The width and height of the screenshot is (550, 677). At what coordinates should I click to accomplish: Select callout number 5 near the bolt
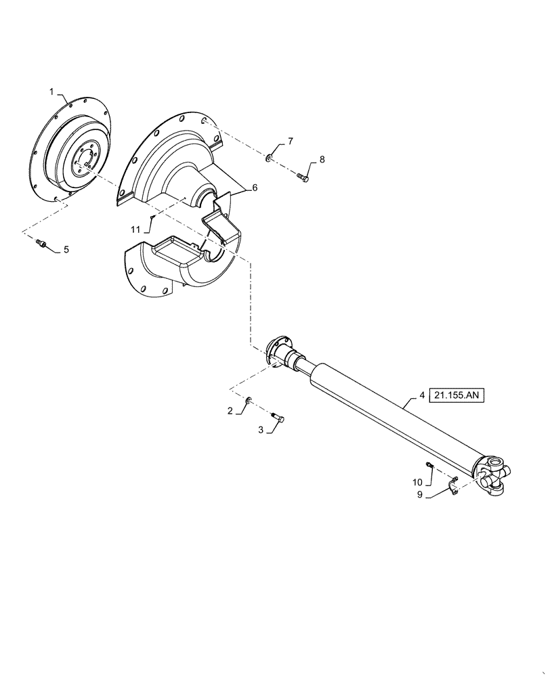[67, 250]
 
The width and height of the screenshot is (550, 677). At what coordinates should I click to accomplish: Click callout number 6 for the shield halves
[255, 188]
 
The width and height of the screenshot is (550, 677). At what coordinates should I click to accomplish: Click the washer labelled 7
[270, 158]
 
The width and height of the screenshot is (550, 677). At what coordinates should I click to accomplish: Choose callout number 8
[322, 160]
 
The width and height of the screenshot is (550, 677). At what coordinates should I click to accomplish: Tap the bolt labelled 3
[278, 420]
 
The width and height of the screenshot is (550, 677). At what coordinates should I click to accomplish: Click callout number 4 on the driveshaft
[422, 395]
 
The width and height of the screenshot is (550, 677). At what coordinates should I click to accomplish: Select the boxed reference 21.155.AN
[457, 395]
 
